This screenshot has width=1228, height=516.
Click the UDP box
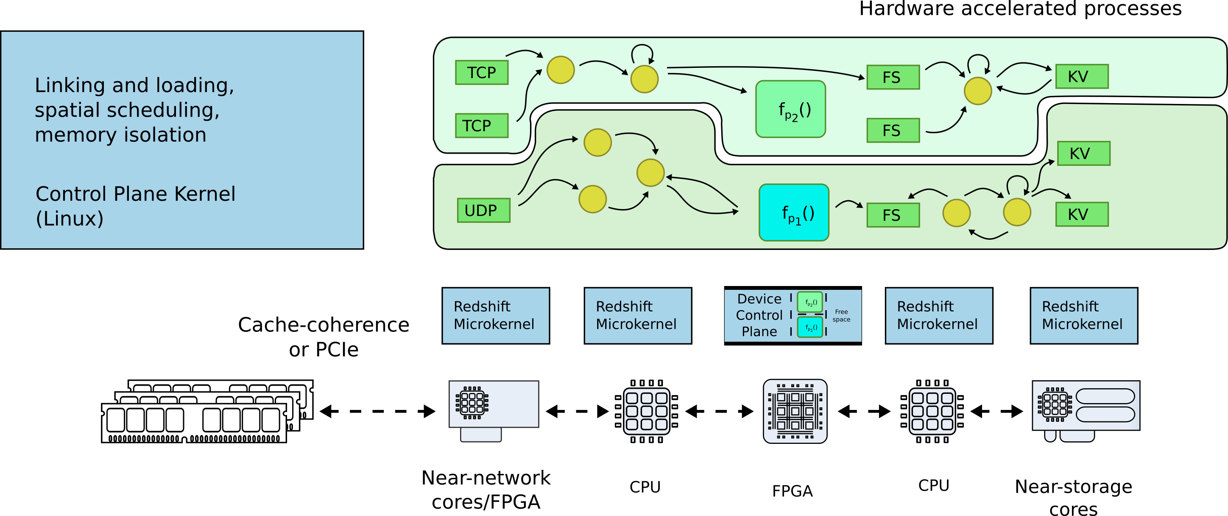tap(483, 210)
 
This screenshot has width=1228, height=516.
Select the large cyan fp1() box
tap(794, 213)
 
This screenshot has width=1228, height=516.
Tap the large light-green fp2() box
tap(790, 109)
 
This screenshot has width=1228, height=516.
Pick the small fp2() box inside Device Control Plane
tap(810, 302)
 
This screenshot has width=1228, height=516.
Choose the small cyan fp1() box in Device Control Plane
tap(810, 327)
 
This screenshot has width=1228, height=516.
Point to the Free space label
tap(841, 315)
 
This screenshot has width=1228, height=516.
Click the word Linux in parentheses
tap(70, 219)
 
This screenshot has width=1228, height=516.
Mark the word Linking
tap(70, 85)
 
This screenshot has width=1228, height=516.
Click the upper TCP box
tap(481, 73)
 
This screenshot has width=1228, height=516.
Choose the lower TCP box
tap(481, 126)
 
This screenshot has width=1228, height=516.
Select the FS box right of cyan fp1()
tap(893, 215)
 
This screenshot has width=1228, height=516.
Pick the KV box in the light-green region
tap(1082, 76)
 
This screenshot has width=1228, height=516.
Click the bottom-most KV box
tap(1082, 214)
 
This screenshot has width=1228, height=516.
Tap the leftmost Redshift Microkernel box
tap(495, 315)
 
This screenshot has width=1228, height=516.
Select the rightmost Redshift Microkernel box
tap(1083, 315)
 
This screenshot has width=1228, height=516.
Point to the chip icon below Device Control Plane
tap(795, 411)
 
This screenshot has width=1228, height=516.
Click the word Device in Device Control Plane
tap(759, 299)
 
